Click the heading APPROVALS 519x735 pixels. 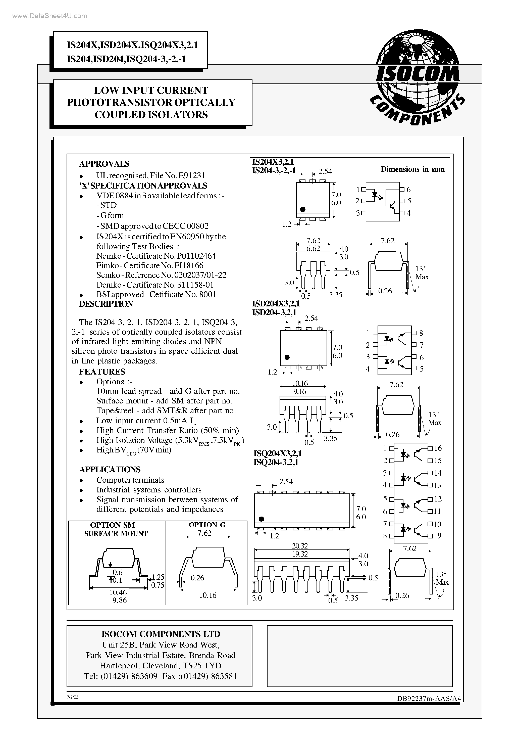click(104, 164)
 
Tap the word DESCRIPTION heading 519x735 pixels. click(106, 304)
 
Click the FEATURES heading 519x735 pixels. click(102, 372)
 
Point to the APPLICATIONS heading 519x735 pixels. click(110, 469)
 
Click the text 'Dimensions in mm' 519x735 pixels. click(412, 169)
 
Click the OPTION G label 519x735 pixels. click(207, 525)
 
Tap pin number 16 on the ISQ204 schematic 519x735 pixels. click(438, 448)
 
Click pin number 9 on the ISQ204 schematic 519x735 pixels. click(439, 536)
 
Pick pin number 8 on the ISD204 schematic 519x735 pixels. click(421, 333)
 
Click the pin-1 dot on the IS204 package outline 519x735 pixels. click(303, 209)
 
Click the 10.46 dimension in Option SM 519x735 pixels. click(118, 592)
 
